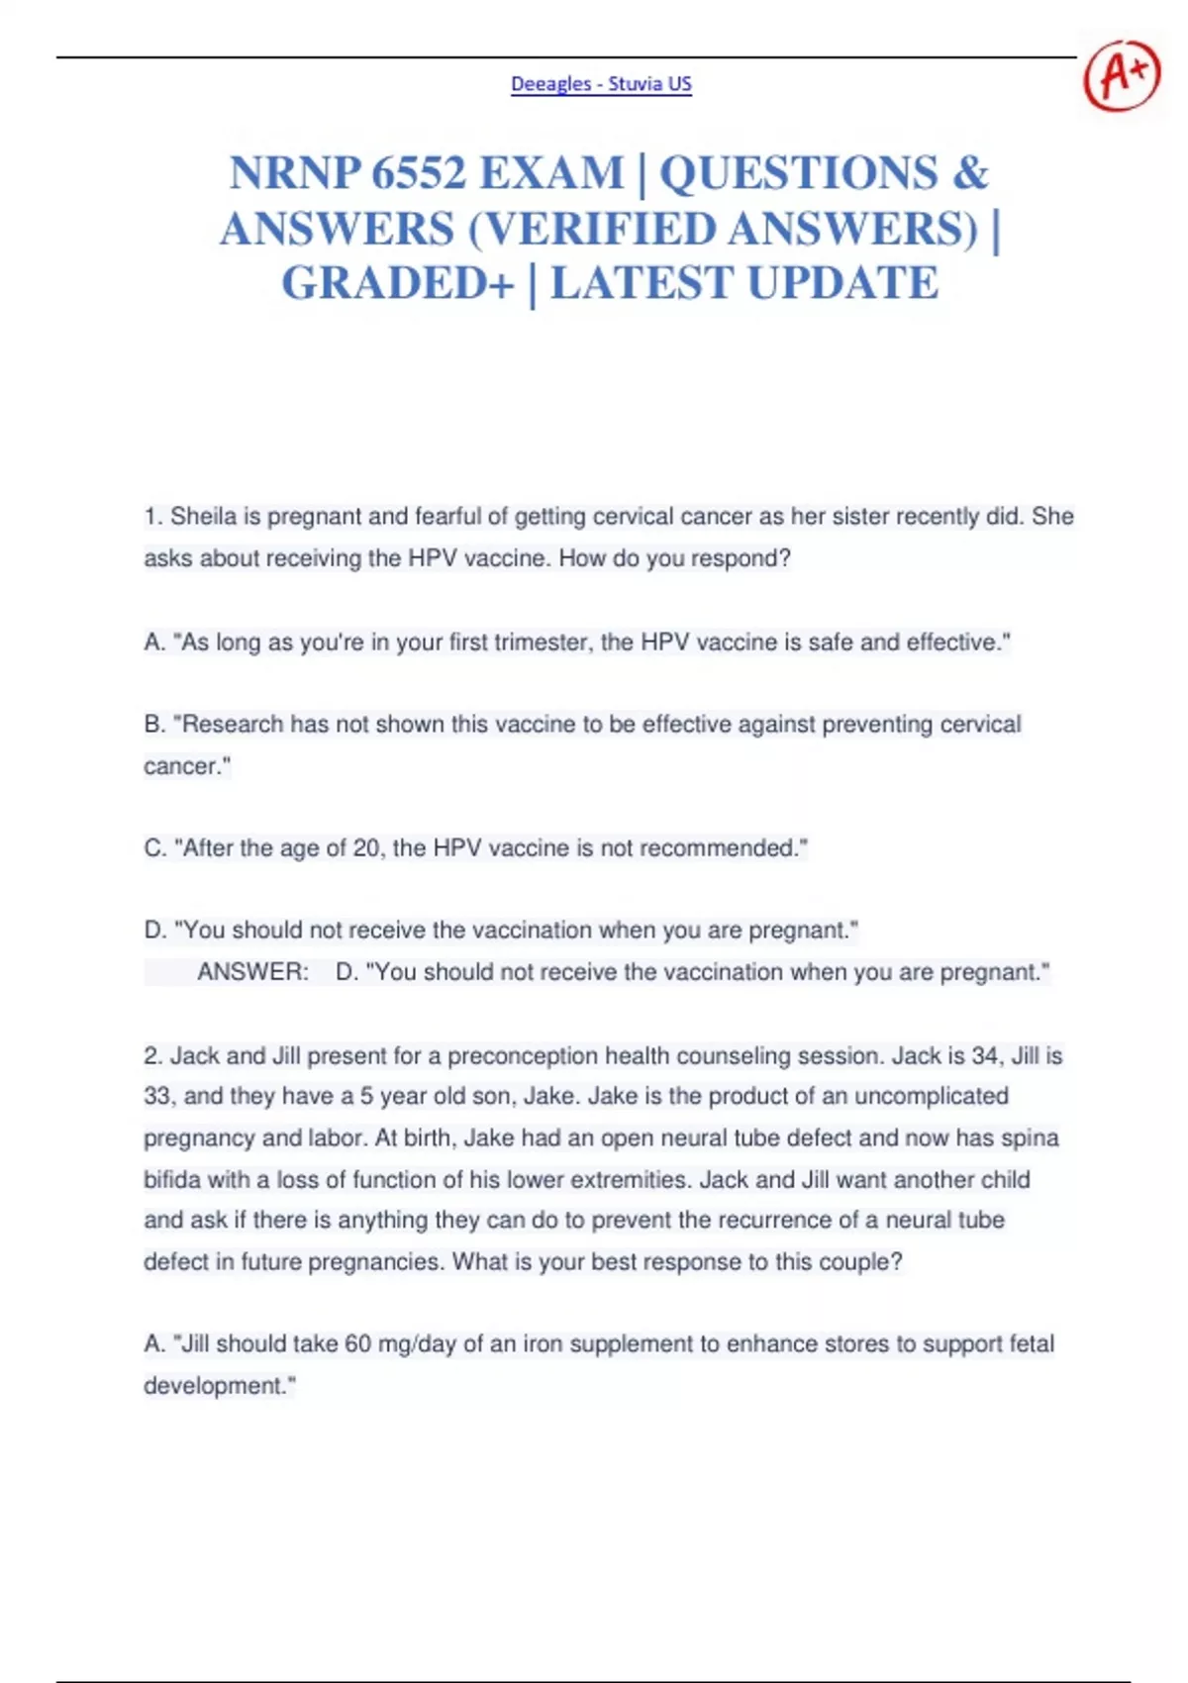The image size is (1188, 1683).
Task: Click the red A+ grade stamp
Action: [1121, 75]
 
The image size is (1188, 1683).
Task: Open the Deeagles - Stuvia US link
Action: [601, 84]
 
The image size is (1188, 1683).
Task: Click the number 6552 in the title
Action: [419, 173]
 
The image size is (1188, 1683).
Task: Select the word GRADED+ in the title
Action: [398, 283]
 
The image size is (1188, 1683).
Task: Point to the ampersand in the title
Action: [970, 173]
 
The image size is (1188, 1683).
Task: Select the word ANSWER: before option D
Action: [252, 972]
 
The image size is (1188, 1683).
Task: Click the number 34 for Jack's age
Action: [985, 1056]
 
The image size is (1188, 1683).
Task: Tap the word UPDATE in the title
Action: [842, 283]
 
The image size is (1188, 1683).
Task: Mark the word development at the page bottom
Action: [214, 1386]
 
